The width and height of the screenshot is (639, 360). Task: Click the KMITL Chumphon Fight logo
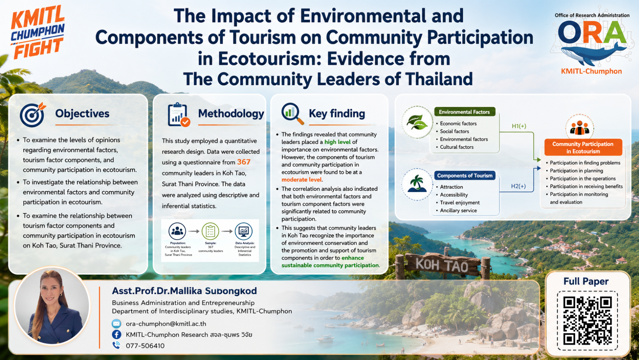pos(38,32)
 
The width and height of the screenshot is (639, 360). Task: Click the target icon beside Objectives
pos(32,115)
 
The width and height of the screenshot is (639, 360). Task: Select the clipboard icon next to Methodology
pos(178,115)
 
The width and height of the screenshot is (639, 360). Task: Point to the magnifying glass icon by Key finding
pos(292,113)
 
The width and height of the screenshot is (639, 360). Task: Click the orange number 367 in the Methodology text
pos(244,162)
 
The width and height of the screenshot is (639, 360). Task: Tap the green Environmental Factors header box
pos(464,112)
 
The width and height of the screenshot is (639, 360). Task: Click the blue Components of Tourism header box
pos(465,175)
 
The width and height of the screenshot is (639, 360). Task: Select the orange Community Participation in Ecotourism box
pos(583,148)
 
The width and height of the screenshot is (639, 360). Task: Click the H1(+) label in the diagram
pos(519,126)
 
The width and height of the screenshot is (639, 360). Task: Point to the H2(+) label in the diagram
pos(518,186)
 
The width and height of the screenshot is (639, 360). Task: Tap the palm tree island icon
pos(417,184)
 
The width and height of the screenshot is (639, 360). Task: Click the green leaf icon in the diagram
pos(417,122)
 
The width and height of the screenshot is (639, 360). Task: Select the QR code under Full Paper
pos(587,321)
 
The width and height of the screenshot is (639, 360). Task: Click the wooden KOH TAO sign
pos(443,264)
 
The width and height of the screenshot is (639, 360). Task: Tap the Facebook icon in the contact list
pos(117,335)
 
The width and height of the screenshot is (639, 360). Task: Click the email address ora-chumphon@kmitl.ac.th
pos(166,324)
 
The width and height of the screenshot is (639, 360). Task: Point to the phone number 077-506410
pos(145,346)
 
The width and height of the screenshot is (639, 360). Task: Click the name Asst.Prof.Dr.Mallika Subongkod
pos(184,291)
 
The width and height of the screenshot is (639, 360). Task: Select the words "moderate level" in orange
pos(302,180)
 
